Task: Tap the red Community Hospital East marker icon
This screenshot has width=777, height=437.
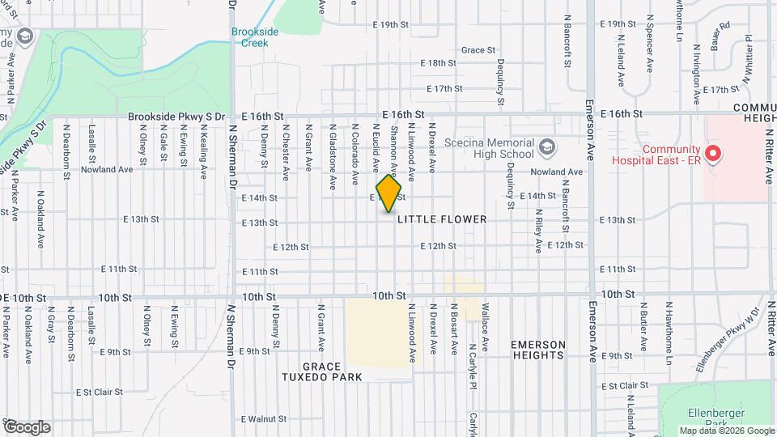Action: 712,152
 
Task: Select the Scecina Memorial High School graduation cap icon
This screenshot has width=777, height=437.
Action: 547,146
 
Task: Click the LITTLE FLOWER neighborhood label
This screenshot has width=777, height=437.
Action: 453,219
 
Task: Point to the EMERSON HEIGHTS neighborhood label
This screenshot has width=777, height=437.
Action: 537,350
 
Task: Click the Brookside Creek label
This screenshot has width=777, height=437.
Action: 255,36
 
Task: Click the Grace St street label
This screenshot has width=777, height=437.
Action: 478,50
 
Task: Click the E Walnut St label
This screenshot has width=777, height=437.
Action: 264,419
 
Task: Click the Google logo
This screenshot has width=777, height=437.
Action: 27,427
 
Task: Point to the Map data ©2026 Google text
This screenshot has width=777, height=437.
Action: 725,431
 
